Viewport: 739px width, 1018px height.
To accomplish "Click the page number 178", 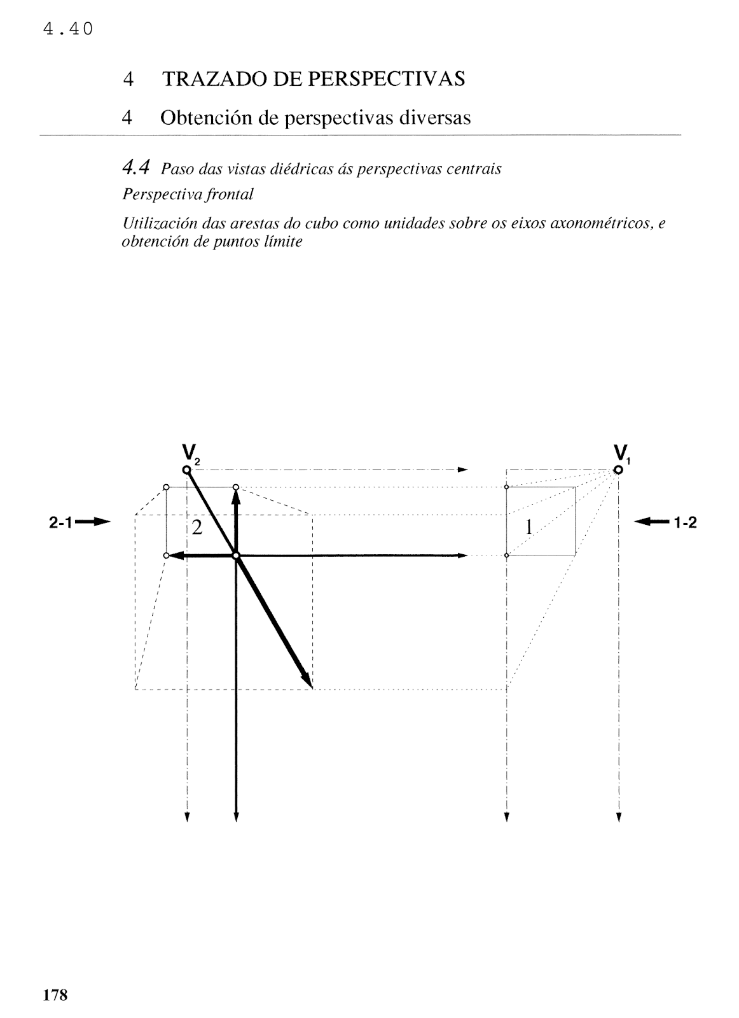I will pos(55,977).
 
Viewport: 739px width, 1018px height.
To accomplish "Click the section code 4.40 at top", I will pos(67,29).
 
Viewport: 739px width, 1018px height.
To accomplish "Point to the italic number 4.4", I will pos(135,168).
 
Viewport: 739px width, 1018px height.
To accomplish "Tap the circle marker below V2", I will pos(186,470).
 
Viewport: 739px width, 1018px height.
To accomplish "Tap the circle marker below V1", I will pos(618,470).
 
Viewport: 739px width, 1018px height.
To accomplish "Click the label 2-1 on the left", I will pos(62,523).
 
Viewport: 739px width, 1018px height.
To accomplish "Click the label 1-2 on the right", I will pos(686,523).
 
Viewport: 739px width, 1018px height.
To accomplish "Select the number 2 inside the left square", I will pos(197,527).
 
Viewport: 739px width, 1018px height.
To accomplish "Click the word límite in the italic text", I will pos(282,242).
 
